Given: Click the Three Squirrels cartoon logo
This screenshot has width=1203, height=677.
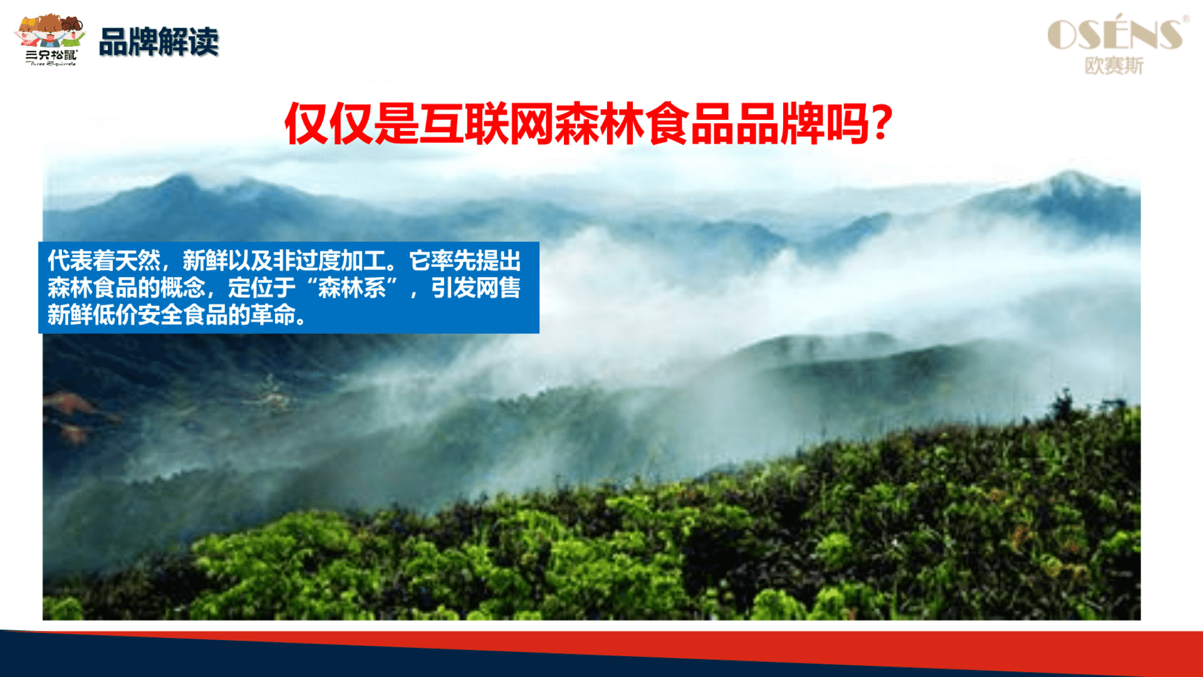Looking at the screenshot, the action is pos(50,39).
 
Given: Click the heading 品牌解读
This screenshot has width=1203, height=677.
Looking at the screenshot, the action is pos(159,42).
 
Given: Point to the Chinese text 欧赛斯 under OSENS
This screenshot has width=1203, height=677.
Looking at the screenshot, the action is pos(1114,66).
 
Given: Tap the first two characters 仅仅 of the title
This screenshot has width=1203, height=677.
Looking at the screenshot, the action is pos(329,123).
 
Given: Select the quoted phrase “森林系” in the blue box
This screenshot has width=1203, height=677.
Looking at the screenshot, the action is pos(352,288).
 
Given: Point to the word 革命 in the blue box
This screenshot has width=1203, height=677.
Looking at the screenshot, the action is pos(273,315).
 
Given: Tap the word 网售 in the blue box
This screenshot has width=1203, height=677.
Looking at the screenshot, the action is pos(498,288).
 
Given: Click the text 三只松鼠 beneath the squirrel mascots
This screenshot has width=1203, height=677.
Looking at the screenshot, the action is pos(51,55).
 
